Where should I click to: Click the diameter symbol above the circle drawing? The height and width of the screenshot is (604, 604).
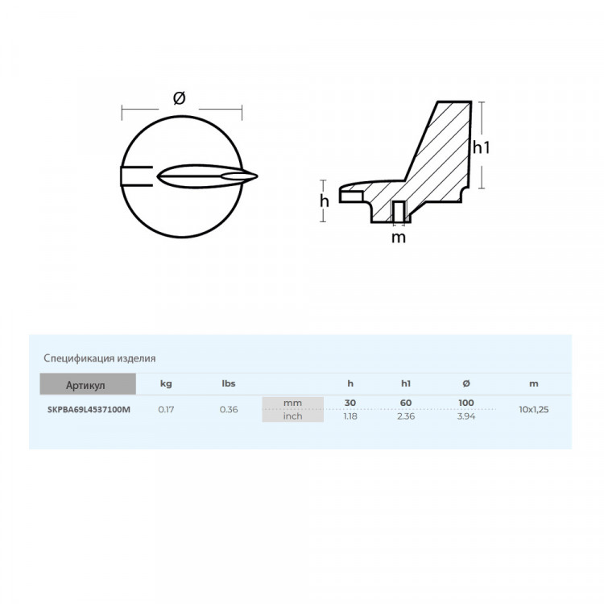pos(179,97)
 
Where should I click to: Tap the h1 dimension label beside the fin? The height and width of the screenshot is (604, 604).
pos(481,147)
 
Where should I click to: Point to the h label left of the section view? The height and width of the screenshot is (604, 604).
pos(325,201)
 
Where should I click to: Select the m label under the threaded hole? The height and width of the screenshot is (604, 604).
pos(399,238)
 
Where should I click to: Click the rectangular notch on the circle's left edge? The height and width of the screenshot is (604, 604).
pos(137,176)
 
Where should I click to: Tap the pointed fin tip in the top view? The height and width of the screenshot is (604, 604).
pos(256,176)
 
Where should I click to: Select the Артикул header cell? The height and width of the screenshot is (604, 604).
pos(88,384)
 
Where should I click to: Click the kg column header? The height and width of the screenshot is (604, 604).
pos(166,383)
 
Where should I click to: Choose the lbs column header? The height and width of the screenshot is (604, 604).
pos(229,383)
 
